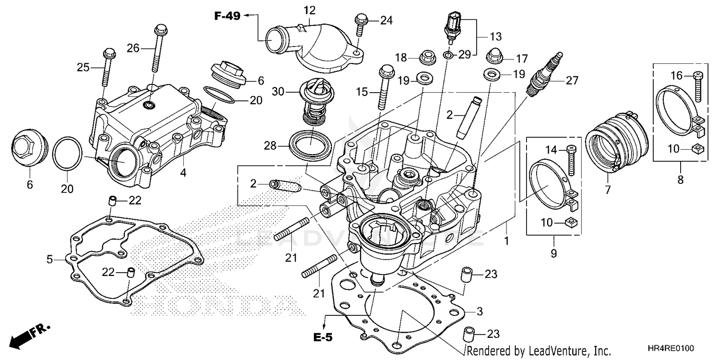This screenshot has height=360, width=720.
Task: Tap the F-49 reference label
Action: (227, 16)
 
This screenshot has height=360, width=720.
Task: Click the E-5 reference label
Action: (323, 337)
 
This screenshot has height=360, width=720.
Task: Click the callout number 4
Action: (183, 173)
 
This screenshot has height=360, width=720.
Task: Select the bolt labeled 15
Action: (384, 89)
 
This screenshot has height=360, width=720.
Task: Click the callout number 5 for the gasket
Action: (49, 260)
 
